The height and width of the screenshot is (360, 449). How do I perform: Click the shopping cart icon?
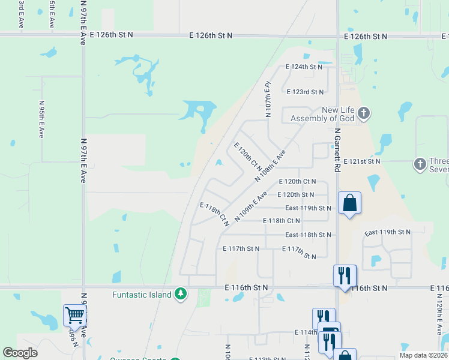tap(74, 315)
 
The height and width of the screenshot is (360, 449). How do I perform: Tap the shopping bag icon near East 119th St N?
tap(349, 203)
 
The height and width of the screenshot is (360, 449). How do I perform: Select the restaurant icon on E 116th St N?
tap(345, 275)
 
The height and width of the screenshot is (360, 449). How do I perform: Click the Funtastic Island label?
tap(142, 294)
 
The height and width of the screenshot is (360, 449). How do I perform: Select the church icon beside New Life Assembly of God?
tap(364, 113)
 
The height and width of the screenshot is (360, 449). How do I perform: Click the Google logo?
tap(20, 352)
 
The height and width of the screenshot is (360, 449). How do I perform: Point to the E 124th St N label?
tap(304, 67)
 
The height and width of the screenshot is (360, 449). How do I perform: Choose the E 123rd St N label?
tap(305, 92)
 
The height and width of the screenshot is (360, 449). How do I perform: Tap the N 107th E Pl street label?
tap(268, 99)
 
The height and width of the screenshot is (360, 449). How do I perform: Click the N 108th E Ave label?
tap(270, 166)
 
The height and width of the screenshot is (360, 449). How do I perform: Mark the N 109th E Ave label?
tap(250, 207)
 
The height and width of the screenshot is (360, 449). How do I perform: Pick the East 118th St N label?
tap(308, 235)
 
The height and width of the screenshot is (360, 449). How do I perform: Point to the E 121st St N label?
tap(362, 161)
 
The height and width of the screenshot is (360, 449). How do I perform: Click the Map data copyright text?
tap(423, 355)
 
